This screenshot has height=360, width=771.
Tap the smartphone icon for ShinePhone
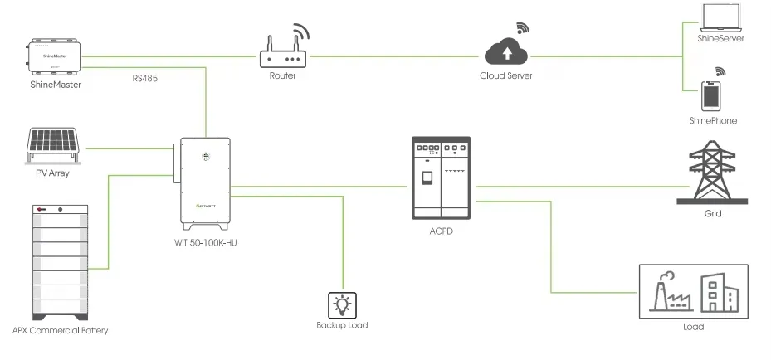pyautogui.click(x=712, y=95)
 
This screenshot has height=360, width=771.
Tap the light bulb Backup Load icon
pyautogui.click(x=342, y=304)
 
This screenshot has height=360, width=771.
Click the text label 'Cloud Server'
pyautogui.click(x=505, y=76)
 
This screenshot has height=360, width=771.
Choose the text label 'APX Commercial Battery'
pyautogui.click(x=60, y=331)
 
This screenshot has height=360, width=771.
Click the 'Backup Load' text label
pyautogui.click(x=342, y=326)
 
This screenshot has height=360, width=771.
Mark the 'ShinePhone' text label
pyautogui.click(x=712, y=121)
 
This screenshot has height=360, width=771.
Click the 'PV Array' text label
pyautogui.click(x=54, y=173)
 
